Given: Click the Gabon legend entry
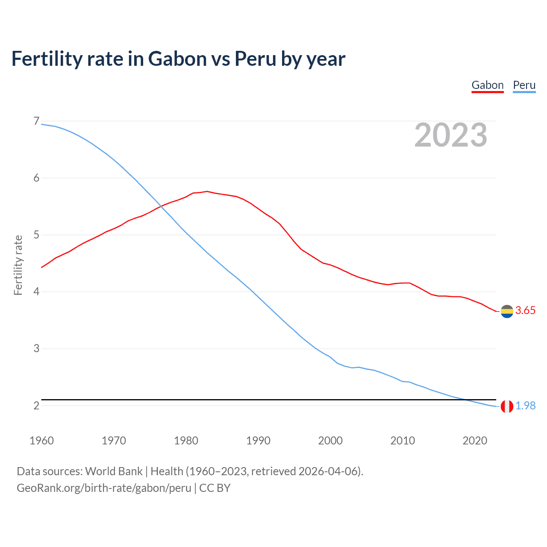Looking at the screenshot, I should coord(488,85).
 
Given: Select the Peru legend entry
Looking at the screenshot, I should coord(524,85).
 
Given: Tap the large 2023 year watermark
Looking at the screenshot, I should coord(451,135).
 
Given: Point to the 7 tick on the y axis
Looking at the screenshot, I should coord(36,121).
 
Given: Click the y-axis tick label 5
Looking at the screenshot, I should coord(36,235).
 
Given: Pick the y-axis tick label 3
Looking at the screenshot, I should coord(36,349).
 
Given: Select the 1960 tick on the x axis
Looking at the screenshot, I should coord(41,441).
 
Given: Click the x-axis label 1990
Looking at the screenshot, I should coord(258,441).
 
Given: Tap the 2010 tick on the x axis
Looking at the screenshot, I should coord(403,441).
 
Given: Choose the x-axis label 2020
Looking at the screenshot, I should coord(475,441).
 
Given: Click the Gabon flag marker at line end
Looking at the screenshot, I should coord(507,312).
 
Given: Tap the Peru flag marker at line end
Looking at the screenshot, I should coord(507,406).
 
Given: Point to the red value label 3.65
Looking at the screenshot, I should coord(525,311).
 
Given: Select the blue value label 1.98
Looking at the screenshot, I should coord(525,406).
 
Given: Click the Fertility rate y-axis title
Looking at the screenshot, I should coord(18,265).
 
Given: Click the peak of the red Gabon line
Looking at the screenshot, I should coord(207,191).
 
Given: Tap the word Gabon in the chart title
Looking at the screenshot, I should coord(177,59).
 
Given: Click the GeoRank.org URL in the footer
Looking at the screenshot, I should coord(104,488).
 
